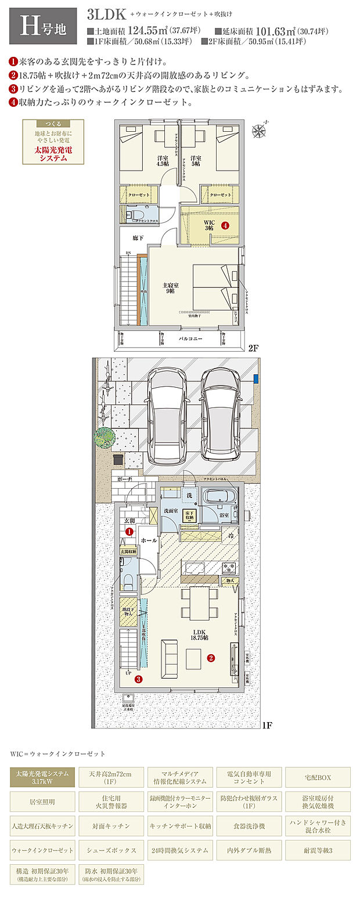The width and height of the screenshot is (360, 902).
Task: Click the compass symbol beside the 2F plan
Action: pyautogui.click(x=260, y=130)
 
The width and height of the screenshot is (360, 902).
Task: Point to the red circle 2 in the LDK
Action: pyautogui.click(x=211, y=658)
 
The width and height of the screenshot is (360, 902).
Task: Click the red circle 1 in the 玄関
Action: pyautogui.click(x=129, y=531)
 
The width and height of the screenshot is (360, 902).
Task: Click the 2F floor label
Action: pyautogui.click(x=253, y=349)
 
